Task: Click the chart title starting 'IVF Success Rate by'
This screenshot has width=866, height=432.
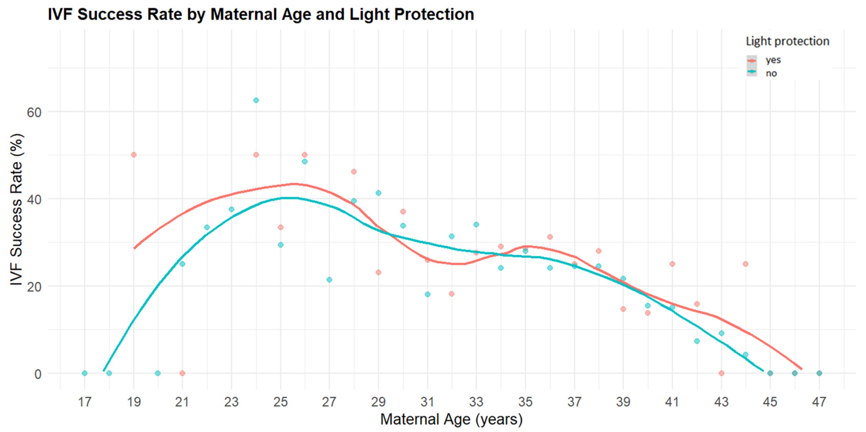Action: tap(261, 15)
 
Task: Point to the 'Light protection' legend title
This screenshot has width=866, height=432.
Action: tap(788, 41)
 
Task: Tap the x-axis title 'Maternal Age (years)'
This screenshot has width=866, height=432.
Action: tap(451, 419)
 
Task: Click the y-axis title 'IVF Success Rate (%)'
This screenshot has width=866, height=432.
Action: tap(16, 210)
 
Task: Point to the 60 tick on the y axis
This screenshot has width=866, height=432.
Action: tap(34, 112)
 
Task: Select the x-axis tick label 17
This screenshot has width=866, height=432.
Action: tap(84, 402)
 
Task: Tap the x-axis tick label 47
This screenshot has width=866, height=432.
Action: tap(819, 402)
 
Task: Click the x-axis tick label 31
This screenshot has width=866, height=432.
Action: tap(427, 402)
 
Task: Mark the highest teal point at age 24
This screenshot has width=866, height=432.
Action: tap(256, 100)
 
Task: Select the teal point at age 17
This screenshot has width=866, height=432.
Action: tap(85, 373)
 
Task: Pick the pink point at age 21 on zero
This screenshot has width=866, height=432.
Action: tap(182, 373)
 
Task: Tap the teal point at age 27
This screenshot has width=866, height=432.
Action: tap(329, 280)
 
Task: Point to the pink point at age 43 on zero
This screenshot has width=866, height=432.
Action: tap(721, 373)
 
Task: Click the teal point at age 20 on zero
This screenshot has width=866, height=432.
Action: tap(158, 373)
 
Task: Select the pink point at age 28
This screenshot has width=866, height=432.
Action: tap(354, 172)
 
